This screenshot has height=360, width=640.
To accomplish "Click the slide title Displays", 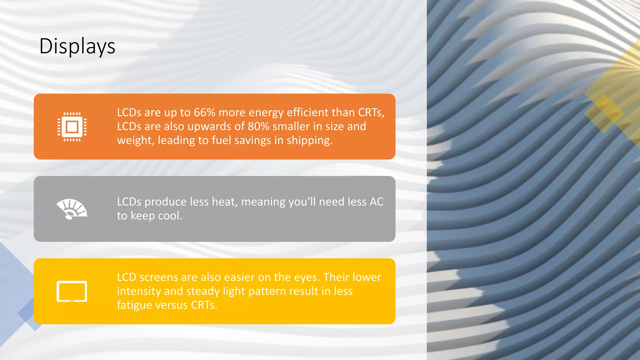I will (77, 46).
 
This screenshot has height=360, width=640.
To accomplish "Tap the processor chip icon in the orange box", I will (72, 127).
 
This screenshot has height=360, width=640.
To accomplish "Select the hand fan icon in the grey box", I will (72, 209).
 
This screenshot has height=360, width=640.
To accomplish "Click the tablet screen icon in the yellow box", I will (72, 291).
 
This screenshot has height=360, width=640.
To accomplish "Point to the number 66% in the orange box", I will (204, 112).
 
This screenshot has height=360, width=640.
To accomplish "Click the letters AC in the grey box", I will (376, 202).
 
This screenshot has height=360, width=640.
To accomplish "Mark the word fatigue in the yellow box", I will (135, 305).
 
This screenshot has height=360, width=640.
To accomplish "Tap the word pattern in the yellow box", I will (267, 291).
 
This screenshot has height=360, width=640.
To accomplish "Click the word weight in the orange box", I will (135, 140).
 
